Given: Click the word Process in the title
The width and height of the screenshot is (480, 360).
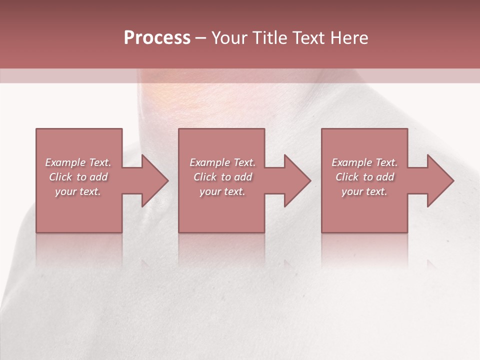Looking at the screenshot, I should (157, 38).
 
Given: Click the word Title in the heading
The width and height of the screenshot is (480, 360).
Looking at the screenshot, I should (269, 38).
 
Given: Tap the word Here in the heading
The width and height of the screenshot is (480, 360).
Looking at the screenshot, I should (349, 38).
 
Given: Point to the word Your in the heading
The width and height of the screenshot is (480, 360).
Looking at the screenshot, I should (229, 38).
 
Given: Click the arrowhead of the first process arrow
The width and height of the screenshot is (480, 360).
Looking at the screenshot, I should (155, 180).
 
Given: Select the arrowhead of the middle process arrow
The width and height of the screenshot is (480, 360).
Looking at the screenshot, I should (297, 180).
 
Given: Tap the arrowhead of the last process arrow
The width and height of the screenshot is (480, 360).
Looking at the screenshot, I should (440, 180).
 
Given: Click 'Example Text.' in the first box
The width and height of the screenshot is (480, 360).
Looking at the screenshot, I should (78, 162).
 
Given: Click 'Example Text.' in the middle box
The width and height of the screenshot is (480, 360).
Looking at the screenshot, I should (222, 162).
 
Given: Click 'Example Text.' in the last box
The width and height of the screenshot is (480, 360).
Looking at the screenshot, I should (364, 162).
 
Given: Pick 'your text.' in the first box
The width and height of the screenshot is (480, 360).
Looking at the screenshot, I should (78, 191).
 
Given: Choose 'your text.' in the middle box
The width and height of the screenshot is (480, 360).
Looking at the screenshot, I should (222, 191).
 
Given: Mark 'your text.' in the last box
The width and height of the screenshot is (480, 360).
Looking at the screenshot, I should (364, 191).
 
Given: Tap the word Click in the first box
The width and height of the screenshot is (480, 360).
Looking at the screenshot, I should (60, 177).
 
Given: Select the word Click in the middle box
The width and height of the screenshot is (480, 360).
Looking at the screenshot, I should (205, 177).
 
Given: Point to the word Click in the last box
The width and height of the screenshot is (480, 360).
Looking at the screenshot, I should (347, 177).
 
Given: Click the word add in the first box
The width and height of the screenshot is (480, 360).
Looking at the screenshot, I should (98, 177).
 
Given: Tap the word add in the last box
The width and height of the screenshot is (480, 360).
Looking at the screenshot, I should (385, 177).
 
